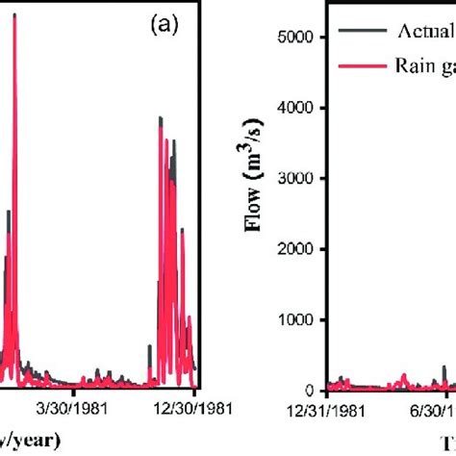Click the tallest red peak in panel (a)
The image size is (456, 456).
tap(14, 16)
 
